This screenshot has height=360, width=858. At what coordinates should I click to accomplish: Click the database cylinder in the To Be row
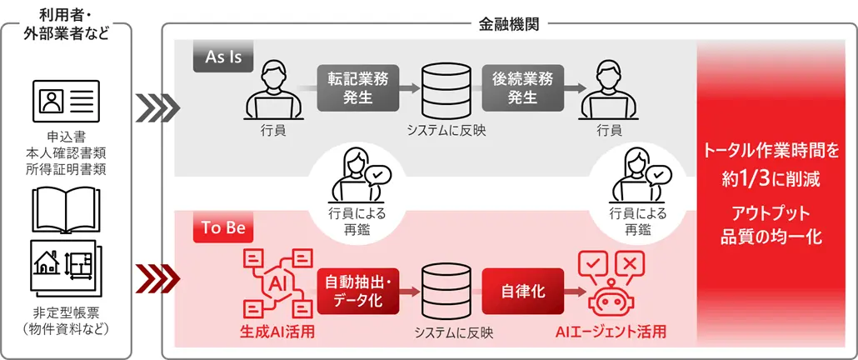pyautogui.click(x=440, y=292)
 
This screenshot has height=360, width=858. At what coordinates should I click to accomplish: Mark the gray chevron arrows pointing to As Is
pyautogui.click(x=157, y=105)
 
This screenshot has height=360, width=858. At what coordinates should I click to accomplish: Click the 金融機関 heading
pyautogui.click(x=508, y=24)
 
